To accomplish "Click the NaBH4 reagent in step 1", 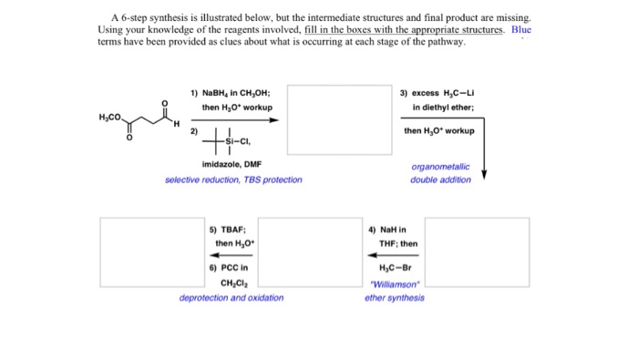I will tap(214, 93).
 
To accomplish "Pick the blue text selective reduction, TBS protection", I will tap(233, 180).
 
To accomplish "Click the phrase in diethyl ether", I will tap(443, 108).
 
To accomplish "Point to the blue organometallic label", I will tap(441, 167).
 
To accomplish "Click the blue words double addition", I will tap(441, 180).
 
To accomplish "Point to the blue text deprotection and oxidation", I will tap(232, 297).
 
